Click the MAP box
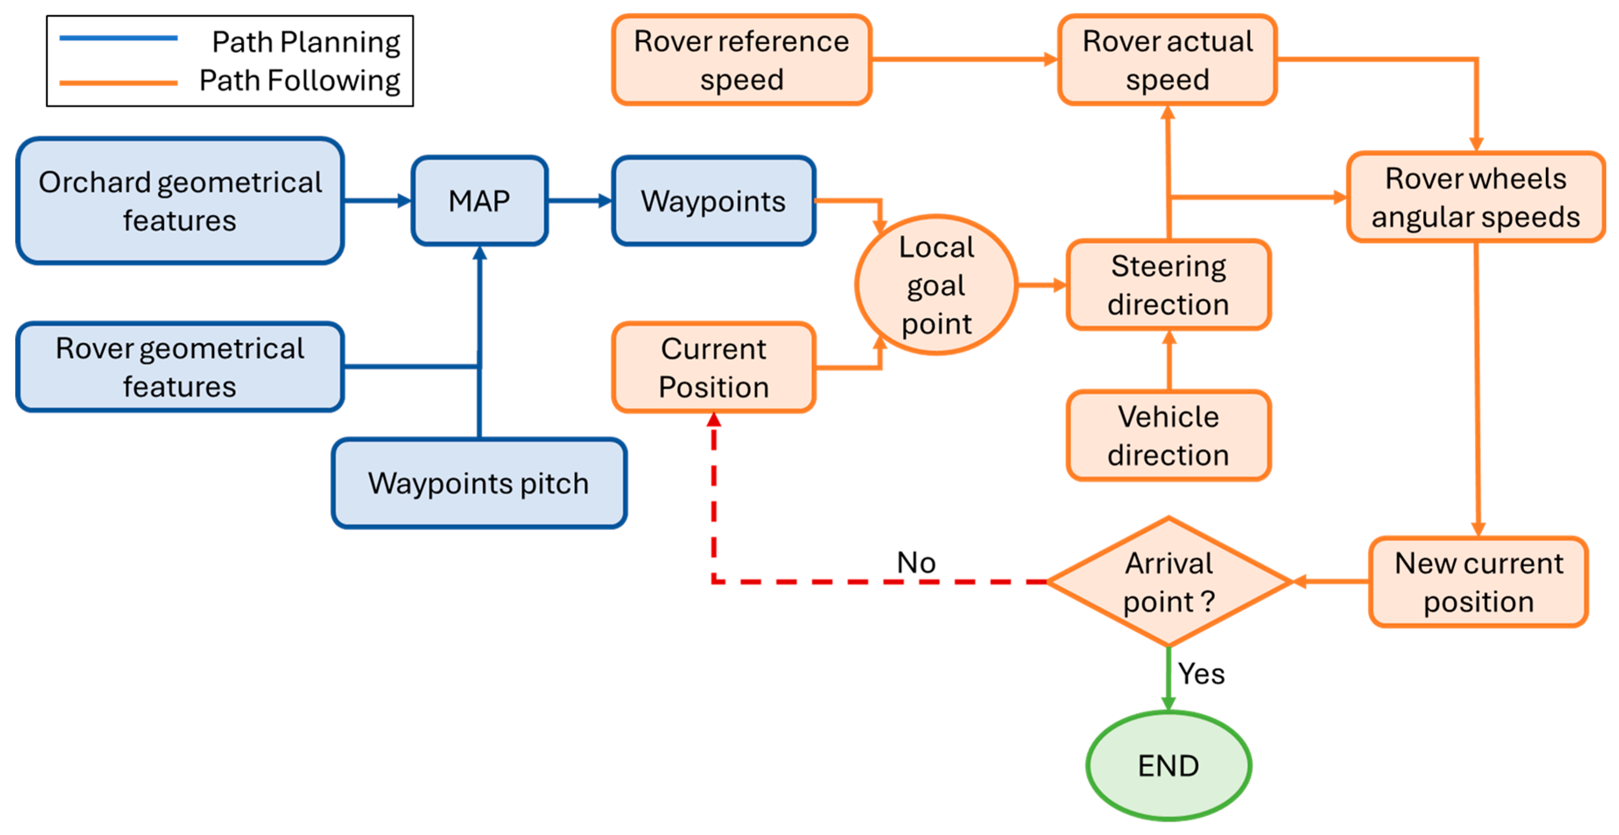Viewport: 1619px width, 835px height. point(479,201)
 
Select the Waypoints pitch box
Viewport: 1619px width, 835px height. point(479,483)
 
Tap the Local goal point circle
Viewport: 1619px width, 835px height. point(936,285)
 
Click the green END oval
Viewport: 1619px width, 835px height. point(1168,765)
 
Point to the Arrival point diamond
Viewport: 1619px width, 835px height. point(1168,582)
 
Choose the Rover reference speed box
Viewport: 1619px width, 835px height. point(741,60)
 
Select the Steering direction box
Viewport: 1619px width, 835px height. point(1168,285)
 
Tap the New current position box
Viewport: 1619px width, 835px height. point(1478,582)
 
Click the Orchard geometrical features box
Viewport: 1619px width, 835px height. point(180,201)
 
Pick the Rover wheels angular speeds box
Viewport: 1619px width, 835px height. point(1475,197)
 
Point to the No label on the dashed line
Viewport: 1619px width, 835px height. point(916,562)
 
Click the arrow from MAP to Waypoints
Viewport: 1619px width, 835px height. point(579,201)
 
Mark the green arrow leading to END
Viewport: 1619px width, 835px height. point(1168,679)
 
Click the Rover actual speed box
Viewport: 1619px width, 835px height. point(1167,60)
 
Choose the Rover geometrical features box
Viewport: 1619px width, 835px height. point(180,367)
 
